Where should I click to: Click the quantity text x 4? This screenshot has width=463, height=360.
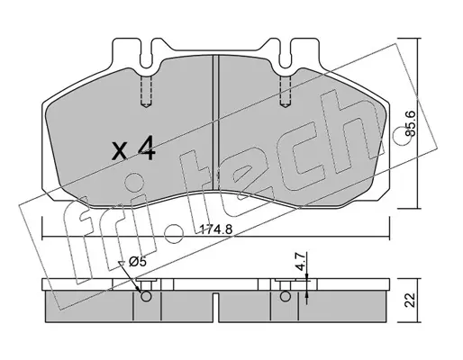click(133, 148)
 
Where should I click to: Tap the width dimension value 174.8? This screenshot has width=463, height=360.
click(216, 229)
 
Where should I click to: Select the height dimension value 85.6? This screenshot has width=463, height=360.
click(411, 123)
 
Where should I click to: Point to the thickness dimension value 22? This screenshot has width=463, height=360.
click(411, 300)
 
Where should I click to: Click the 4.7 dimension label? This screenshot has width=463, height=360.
click(301, 262)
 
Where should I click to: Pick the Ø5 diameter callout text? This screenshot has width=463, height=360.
click(137, 262)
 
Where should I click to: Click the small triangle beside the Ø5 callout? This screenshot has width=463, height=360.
click(122, 263)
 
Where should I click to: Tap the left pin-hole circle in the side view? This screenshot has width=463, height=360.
click(146, 296)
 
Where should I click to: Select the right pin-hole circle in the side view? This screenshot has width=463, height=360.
click(286, 296)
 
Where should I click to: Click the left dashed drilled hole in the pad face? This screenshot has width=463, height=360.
click(146, 91)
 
